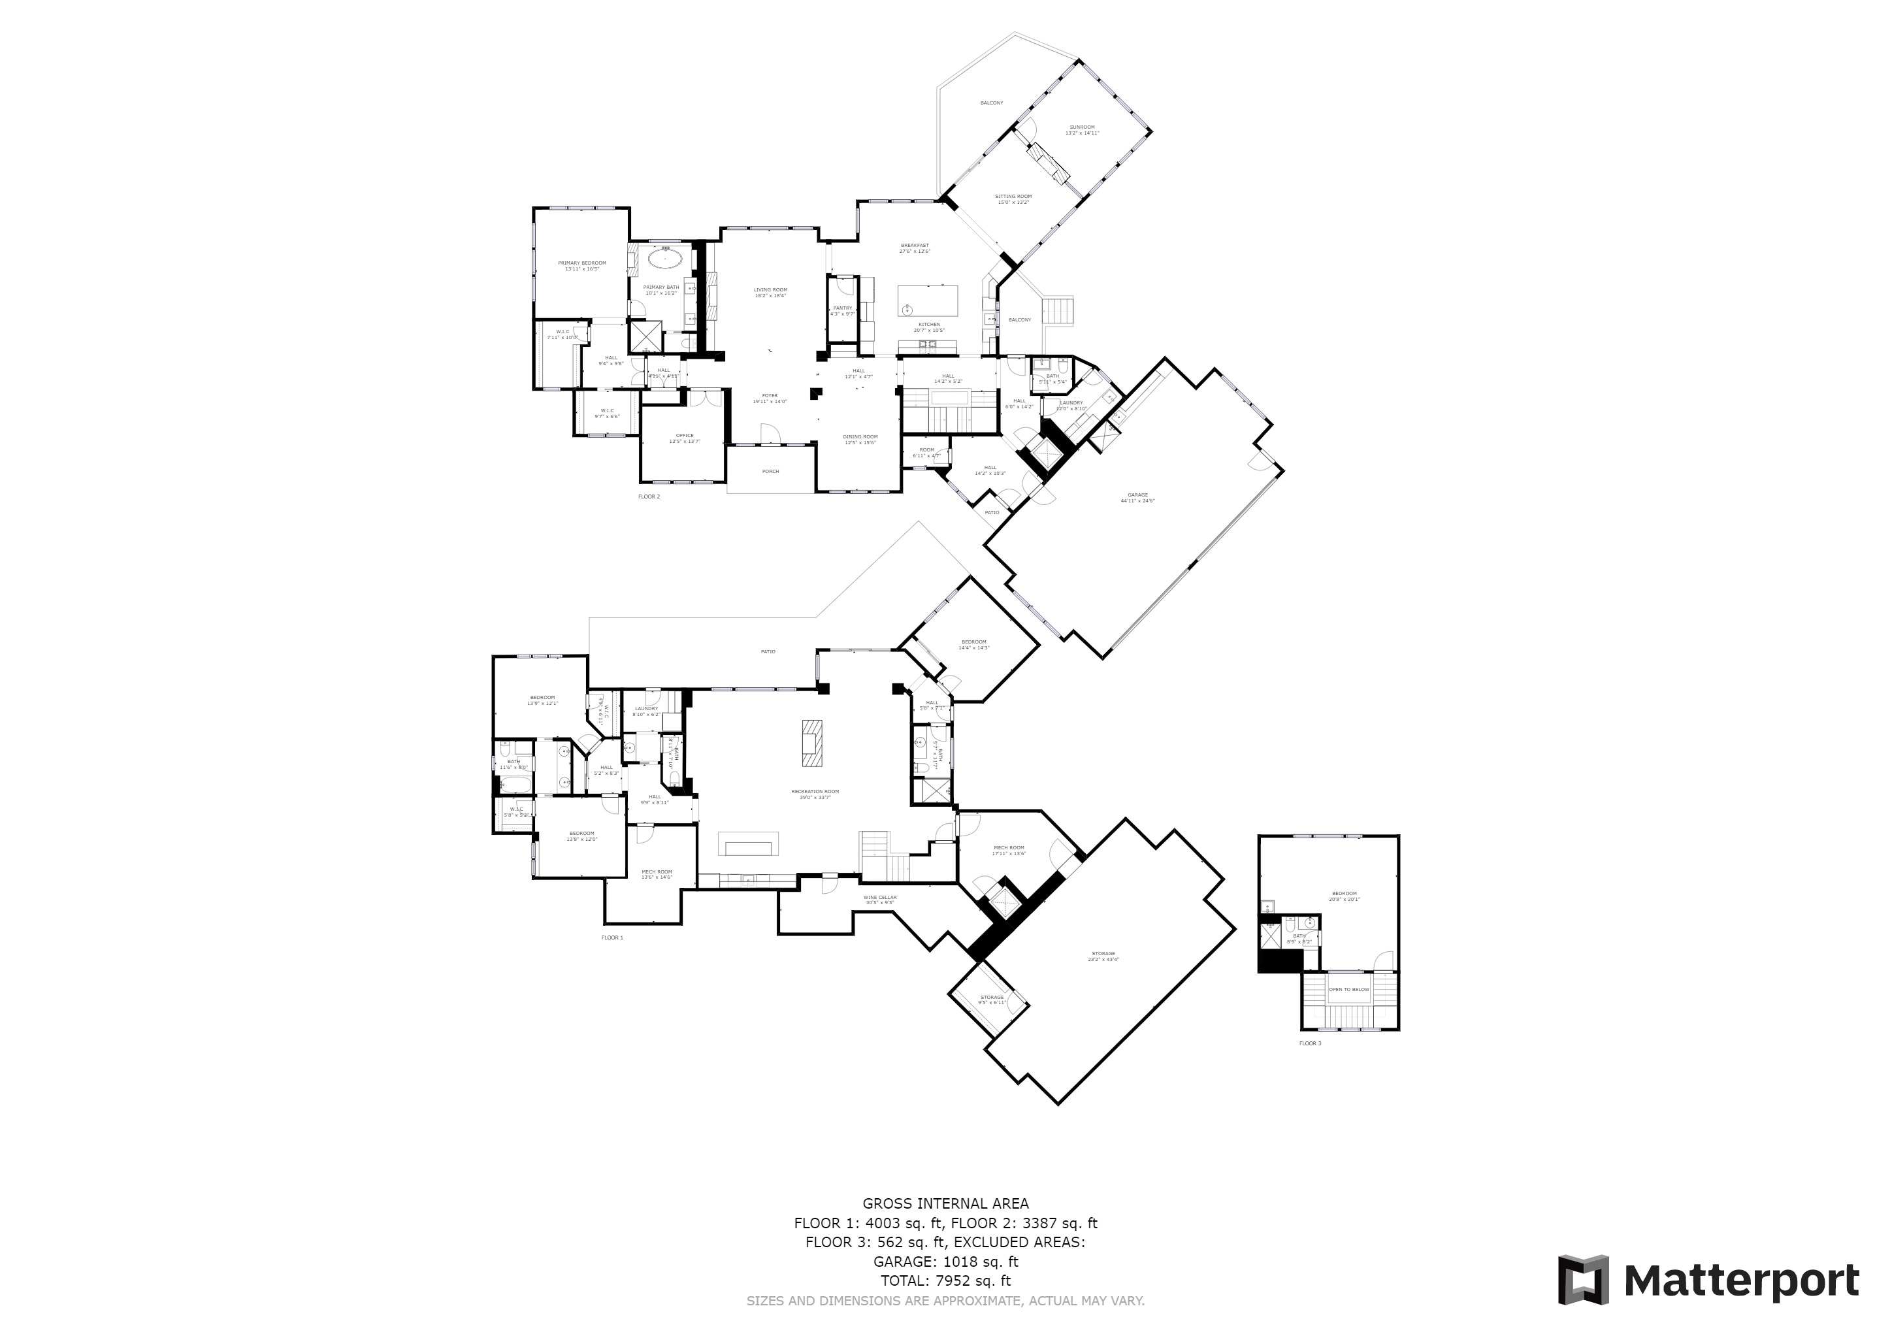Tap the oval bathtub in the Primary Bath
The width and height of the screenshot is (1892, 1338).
point(664,259)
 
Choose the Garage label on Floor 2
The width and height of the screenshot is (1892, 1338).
point(1138,497)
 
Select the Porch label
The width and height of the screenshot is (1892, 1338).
point(770,471)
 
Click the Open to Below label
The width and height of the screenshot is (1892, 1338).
point(1349,990)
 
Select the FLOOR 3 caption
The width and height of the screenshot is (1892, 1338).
point(1311,1044)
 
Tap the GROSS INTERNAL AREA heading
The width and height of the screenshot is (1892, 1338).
point(945,1203)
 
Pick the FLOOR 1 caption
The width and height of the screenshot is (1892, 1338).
point(612,938)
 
